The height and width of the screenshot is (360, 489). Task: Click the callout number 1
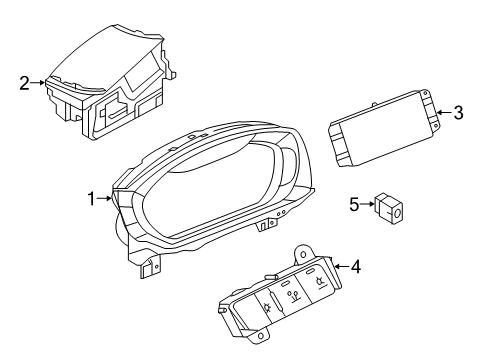click(x=91, y=199)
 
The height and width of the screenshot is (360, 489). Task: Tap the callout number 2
click(x=24, y=83)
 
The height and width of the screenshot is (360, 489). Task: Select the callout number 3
click(x=459, y=113)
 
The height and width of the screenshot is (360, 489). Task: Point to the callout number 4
click(x=356, y=267)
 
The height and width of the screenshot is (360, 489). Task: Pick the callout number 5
click(x=354, y=204)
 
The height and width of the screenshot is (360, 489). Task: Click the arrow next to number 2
click(x=37, y=83)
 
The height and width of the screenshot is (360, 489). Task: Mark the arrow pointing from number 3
click(x=445, y=112)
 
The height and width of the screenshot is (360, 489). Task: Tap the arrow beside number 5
click(x=367, y=204)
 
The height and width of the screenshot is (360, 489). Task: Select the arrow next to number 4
click(x=342, y=266)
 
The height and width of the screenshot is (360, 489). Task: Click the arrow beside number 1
click(x=104, y=199)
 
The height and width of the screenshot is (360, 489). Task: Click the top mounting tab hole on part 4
click(x=303, y=255)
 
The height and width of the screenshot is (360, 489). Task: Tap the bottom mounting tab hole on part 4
click(x=261, y=335)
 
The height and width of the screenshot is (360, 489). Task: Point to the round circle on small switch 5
click(x=397, y=212)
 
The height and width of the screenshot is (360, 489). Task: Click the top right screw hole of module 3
click(x=425, y=94)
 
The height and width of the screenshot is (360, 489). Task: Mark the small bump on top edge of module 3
click(x=374, y=105)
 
